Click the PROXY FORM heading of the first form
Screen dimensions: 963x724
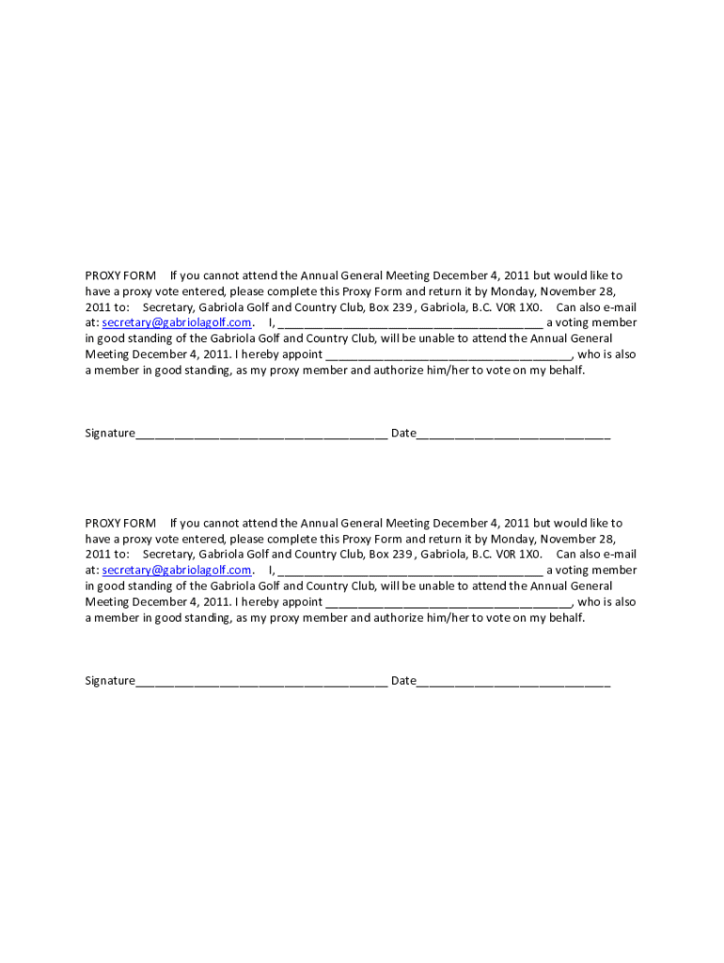coord(120,276)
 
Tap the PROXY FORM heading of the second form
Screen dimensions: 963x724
coord(120,523)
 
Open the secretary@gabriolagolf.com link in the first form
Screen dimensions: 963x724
coord(177,323)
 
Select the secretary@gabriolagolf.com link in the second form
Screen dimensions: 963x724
coord(177,570)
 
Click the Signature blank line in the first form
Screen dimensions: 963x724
coord(260,434)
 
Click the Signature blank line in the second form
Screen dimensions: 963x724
coord(260,682)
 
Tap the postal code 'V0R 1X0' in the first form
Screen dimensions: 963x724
coord(520,308)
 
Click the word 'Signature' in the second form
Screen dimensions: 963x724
coord(110,681)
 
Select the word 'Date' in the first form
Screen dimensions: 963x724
coord(403,434)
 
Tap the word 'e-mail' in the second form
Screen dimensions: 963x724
coord(619,555)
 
